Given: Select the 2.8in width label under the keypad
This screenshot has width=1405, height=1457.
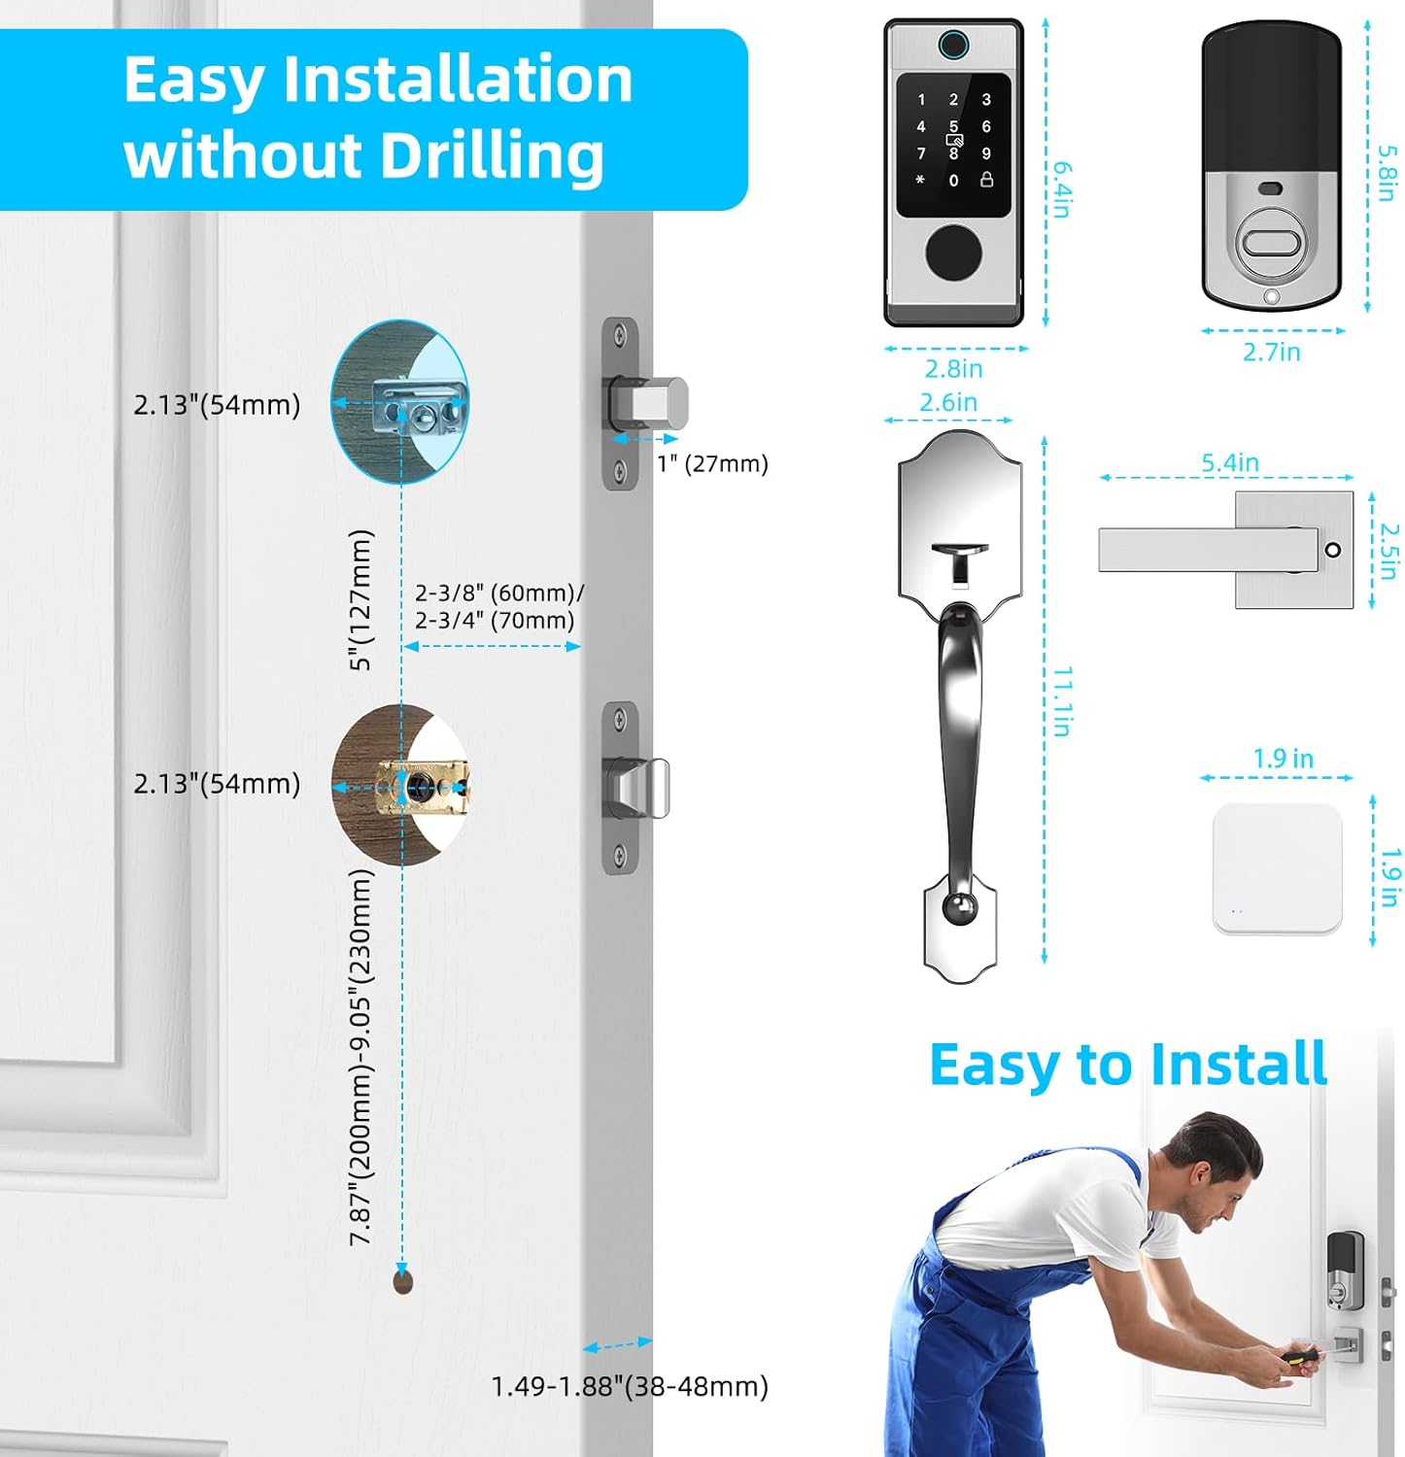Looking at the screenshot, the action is pyautogui.click(x=953, y=369).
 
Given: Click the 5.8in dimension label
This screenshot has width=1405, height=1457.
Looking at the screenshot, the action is pyautogui.click(x=1387, y=173).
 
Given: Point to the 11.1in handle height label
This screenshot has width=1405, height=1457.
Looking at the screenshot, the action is pyautogui.click(x=1062, y=701).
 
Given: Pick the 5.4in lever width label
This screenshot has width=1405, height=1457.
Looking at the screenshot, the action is pyautogui.click(x=1230, y=462).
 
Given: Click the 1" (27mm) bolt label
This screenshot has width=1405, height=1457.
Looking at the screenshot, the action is pyautogui.click(x=712, y=463).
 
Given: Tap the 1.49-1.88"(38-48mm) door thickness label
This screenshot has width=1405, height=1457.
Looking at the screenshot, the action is pyautogui.click(x=630, y=1386).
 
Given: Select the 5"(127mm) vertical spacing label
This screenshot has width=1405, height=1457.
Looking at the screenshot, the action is pyautogui.click(x=360, y=599).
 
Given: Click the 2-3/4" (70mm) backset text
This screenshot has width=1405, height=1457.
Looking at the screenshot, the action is pyautogui.click(x=495, y=620).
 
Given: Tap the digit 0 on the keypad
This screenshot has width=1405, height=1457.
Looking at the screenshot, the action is pyautogui.click(x=953, y=181).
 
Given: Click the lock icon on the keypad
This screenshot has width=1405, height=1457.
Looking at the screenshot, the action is pyautogui.click(x=986, y=180).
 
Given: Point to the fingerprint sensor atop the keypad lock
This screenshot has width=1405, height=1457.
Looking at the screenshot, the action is pyautogui.click(x=953, y=46).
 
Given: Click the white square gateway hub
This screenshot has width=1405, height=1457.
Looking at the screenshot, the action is pyautogui.click(x=1277, y=868).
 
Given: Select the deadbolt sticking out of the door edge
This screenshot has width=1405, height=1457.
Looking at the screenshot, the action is pyautogui.click(x=649, y=403).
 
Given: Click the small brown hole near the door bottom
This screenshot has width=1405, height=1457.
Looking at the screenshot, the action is pyautogui.click(x=403, y=1281).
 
